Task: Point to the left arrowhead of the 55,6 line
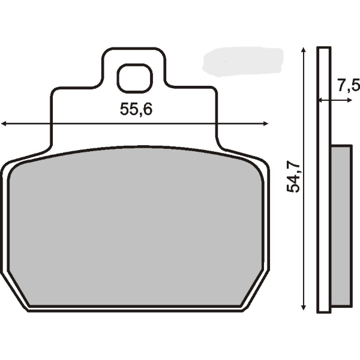pyautogui.click(x=4, y=124)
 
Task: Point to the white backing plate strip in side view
pyautogui.click(x=324, y=180)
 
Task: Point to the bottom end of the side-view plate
pyautogui.click(x=324, y=310)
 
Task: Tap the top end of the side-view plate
pyautogui.click(x=324, y=49)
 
